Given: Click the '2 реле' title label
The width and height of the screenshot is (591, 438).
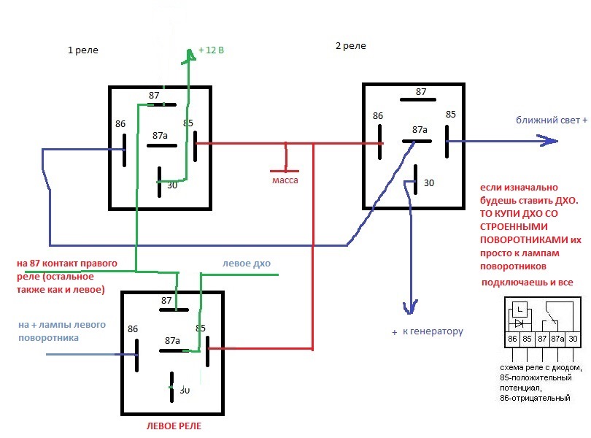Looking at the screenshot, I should click(x=350, y=46).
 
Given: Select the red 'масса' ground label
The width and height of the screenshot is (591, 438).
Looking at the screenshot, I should click(x=285, y=180).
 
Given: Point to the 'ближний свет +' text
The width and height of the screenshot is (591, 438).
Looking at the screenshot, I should click(x=552, y=120).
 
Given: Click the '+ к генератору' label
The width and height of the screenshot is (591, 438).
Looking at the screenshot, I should click(x=428, y=331).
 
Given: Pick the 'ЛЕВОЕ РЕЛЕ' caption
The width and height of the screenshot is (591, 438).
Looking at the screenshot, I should click(x=172, y=426).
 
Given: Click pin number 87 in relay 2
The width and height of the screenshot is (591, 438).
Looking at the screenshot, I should click(x=421, y=92).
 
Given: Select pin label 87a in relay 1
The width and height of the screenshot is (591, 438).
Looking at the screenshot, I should click(x=160, y=135).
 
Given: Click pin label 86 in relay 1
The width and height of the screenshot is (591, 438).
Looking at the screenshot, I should click(x=120, y=124).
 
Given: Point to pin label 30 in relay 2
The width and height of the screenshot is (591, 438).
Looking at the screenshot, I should click(x=428, y=182).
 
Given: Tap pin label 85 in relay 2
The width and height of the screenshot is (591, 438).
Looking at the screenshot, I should click(x=450, y=114).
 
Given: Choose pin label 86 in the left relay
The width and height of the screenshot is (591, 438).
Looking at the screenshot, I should click(x=132, y=329).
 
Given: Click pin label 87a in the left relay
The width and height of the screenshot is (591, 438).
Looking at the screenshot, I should click(x=172, y=340).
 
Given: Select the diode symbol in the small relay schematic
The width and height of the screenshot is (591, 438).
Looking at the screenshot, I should click(x=520, y=322).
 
